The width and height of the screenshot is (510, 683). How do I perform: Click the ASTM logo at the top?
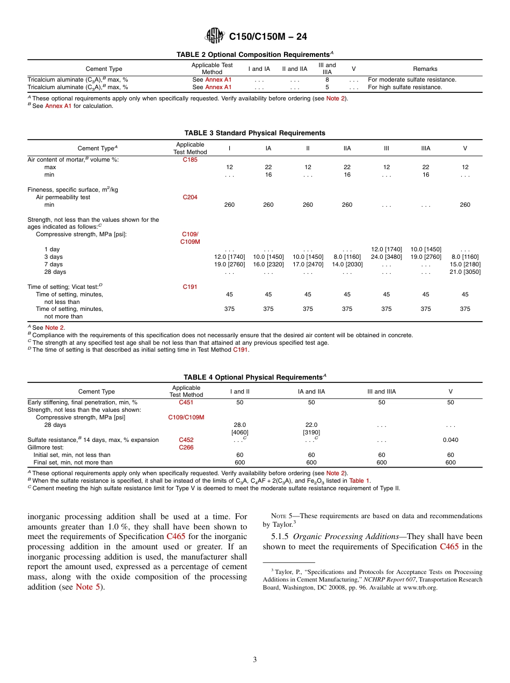pos(215,36)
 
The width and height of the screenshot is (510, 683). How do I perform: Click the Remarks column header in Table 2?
pos(425,69)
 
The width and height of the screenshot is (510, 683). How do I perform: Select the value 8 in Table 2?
pos(327,79)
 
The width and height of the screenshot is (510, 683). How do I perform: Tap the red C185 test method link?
pos(190,159)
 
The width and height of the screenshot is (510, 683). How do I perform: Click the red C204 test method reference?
pos(190,197)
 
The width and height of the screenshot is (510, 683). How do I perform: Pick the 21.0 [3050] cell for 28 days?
pos(465,272)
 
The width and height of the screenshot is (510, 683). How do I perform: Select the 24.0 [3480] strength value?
pos(386,257)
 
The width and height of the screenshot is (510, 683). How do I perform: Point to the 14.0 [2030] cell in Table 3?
pos(347,264)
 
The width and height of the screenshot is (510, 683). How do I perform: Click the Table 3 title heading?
pos(254,133)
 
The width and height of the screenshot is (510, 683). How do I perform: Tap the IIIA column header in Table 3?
pos(426,148)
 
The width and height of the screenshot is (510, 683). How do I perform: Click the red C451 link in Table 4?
pos(186,402)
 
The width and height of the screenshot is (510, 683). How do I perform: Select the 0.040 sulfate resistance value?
pos(450,440)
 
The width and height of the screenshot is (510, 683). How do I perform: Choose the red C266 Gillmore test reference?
pos(186,447)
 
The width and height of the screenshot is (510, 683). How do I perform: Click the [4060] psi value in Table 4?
pos(239,432)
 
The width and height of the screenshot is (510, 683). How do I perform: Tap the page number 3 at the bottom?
pos(255,659)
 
